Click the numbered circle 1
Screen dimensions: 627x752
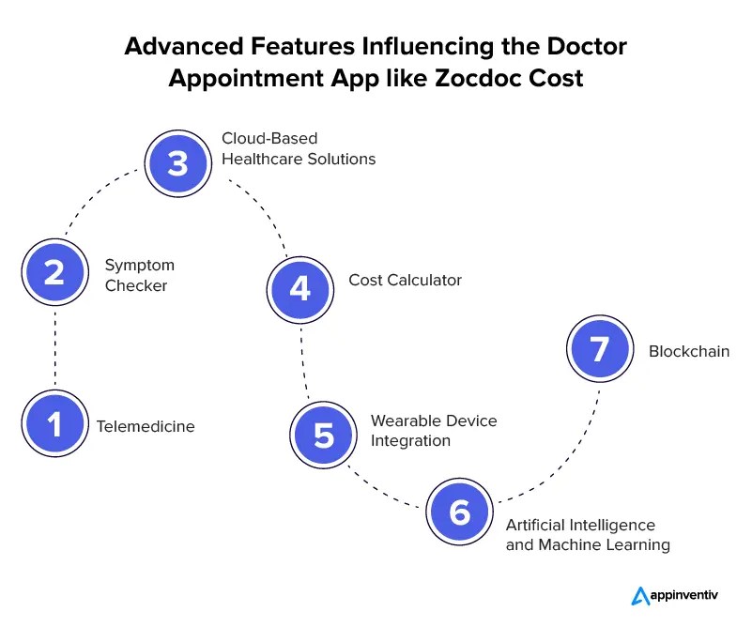coord(54,424)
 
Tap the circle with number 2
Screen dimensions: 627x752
coord(54,272)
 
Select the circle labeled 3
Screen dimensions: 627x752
coord(177,162)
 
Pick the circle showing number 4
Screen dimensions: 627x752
coord(299,288)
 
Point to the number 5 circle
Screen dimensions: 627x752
coord(324,436)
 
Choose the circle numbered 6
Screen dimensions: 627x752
coord(459,512)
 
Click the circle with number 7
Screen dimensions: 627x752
coord(600,349)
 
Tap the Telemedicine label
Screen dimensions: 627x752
coord(146,426)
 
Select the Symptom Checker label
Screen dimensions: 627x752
coord(139,275)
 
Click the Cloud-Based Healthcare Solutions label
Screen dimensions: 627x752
coord(298,149)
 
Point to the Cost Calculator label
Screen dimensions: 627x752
coord(405,280)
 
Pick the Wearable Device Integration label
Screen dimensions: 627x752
coord(433,430)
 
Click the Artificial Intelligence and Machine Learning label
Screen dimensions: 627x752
coord(587,535)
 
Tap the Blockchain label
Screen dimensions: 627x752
coord(688,352)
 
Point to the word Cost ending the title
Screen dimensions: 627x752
coord(556,78)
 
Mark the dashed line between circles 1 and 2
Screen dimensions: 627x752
coord(54,348)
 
